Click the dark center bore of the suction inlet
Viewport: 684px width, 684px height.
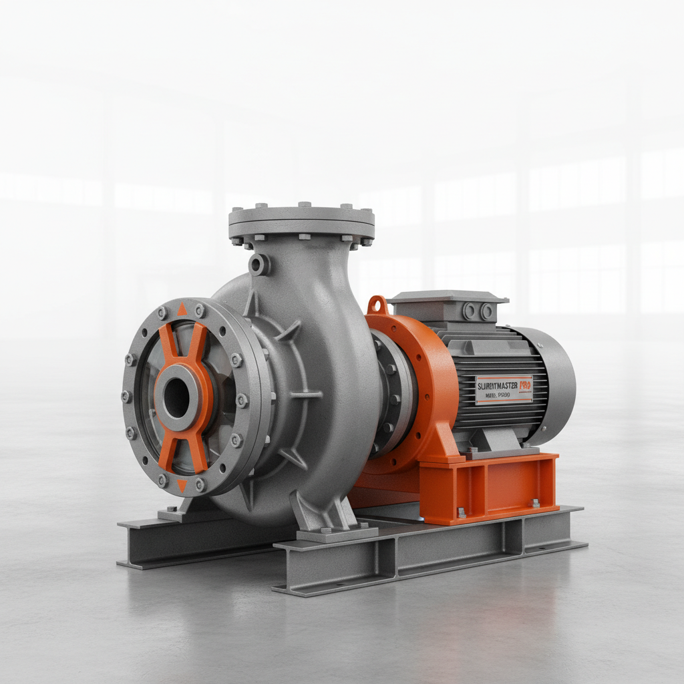(x=176, y=398)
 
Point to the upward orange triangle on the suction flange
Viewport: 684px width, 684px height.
(x=182, y=309)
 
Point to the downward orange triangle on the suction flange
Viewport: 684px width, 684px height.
(x=182, y=486)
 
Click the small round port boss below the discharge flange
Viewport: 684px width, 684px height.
(x=259, y=265)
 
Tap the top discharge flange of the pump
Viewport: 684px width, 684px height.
(x=301, y=221)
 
